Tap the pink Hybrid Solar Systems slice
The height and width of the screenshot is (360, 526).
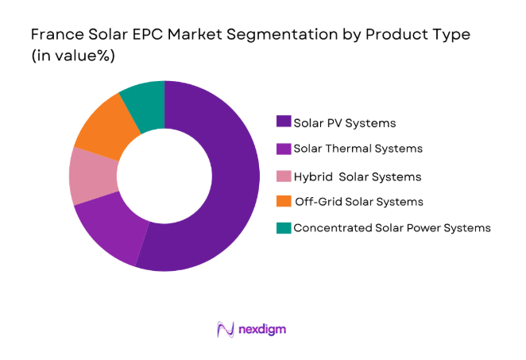(87, 176)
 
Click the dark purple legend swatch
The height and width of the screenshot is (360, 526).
(283, 122)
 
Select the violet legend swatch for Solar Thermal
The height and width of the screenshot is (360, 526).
(283, 149)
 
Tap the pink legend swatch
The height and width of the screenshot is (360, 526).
(283, 176)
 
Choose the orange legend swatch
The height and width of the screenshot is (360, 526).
(283, 202)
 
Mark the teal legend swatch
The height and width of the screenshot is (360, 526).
(283, 228)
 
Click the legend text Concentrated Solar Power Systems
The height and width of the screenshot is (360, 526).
(392, 228)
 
